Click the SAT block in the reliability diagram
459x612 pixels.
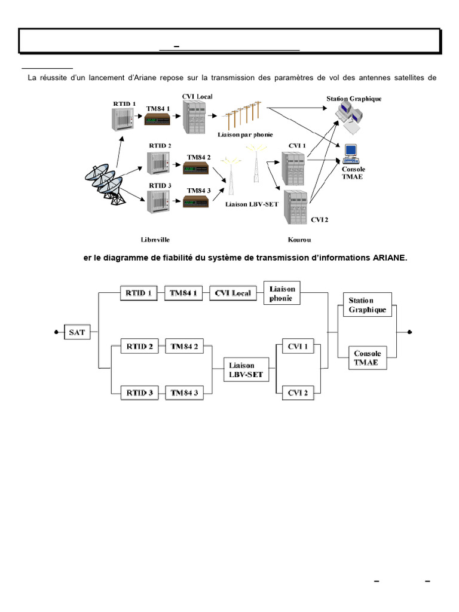pos(77,332)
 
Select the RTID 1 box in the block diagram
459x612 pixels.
pos(137,293)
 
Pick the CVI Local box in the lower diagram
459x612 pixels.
pos(232,293)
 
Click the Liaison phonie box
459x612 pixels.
pos(282,293)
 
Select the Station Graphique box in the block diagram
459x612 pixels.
pos(366,305)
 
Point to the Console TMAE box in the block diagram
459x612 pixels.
pos(366,358)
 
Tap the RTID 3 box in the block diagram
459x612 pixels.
pos(139,393)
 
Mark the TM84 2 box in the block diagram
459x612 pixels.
pos(184,346)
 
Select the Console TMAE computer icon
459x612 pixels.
pos(350,154)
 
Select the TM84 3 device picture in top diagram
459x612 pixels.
pos(195,201)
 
